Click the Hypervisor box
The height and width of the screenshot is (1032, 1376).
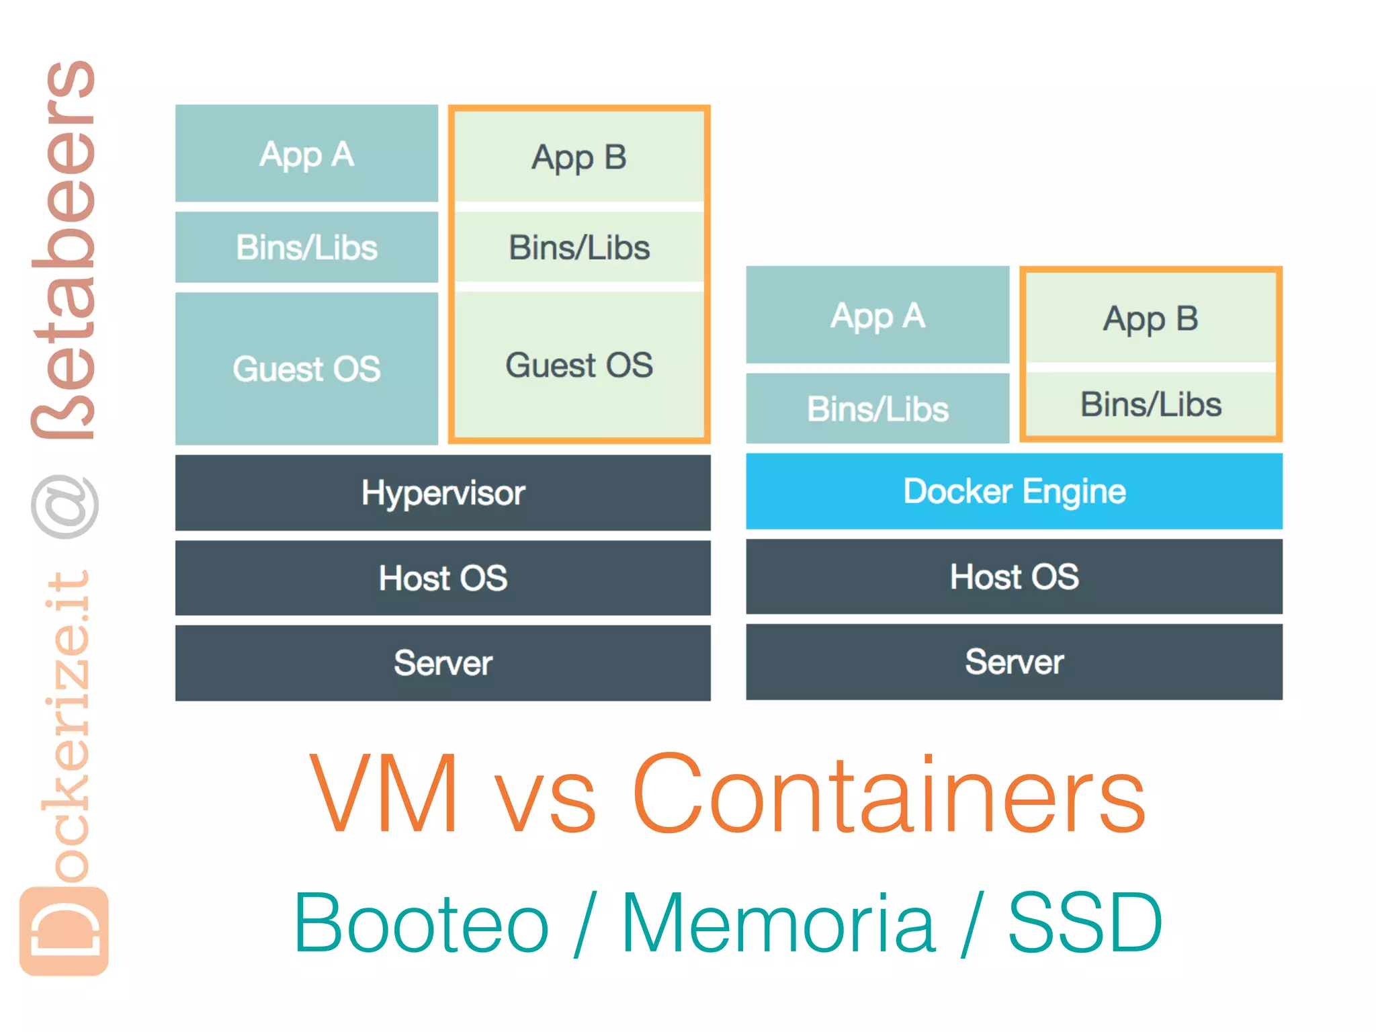point(443,492)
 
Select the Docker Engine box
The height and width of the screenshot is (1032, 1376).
point(1014,491)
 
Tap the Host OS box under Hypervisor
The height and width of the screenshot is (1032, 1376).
point(443,578)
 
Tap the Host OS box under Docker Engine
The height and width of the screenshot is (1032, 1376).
point(1014,576)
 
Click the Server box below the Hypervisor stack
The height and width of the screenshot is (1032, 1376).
point(443,663)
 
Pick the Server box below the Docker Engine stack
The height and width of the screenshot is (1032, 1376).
point(1014,662)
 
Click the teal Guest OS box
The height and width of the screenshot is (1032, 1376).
point(306,368)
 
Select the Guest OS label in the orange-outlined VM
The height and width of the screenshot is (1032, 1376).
point(578,365)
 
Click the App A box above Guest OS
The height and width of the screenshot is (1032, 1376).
point(306,154)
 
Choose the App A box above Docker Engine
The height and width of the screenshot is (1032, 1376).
point(877,315)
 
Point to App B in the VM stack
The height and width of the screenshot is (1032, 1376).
point(578,157)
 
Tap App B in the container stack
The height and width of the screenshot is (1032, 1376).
point(1150,318)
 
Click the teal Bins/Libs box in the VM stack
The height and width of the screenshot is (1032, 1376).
point(306,247)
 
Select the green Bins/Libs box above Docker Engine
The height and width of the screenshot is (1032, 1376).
point(1150,404)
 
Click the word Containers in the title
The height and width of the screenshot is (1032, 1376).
point(888,794)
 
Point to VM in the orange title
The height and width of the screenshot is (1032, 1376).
point(385,794)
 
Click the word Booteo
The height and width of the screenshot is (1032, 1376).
point(421,922)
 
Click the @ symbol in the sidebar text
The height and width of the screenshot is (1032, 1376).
point(65,507)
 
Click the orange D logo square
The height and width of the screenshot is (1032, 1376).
point(64,931)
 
